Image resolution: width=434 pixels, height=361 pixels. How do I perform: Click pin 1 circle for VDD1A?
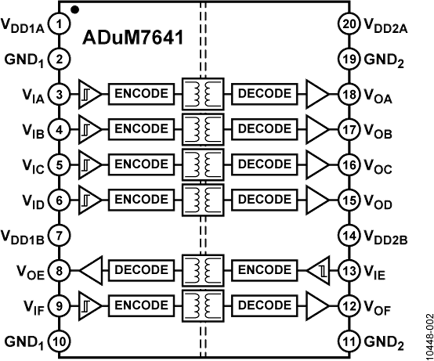point(59,24)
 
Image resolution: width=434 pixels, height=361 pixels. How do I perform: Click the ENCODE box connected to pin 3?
point(141,94)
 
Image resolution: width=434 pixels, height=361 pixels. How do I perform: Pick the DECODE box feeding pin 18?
point(265,94)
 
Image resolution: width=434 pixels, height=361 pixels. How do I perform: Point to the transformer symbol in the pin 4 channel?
point(203,129)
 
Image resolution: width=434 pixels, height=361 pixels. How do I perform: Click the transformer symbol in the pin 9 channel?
point(203,305)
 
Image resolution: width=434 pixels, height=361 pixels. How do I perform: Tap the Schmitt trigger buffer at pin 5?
point(89,164)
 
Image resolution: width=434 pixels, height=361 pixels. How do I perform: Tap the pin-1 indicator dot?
point(73,7)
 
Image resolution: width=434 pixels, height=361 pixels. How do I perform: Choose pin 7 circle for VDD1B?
point(59,235)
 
